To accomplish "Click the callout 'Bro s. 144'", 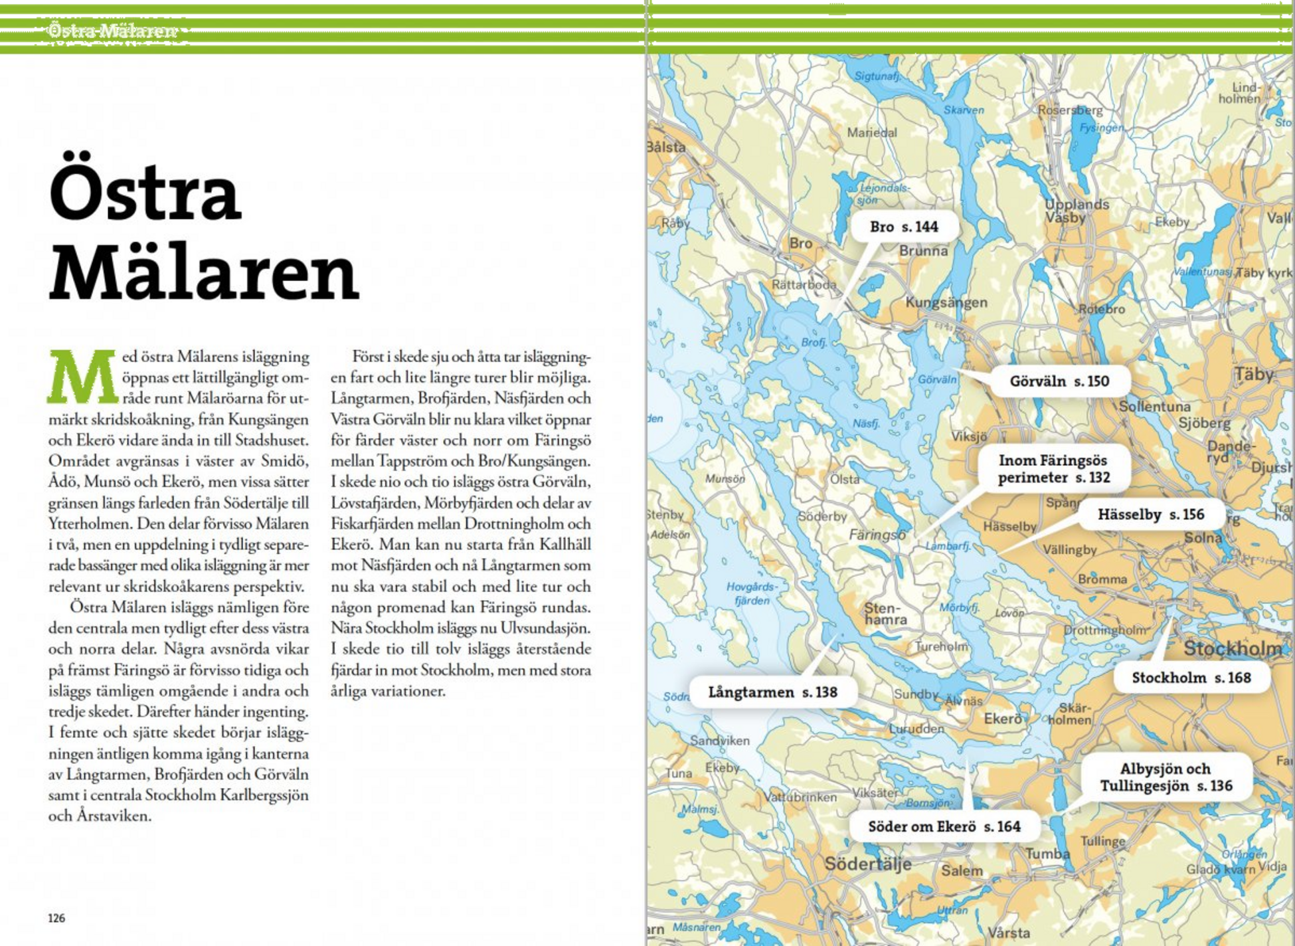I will click(x=904, y=227).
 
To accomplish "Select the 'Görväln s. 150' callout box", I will click(x=1059, y=381).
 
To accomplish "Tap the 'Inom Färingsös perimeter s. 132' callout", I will click(x=1054, y=468).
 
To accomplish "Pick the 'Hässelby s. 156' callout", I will click(x=1150, y=514).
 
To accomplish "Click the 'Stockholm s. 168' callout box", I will click(x=1191, y=678).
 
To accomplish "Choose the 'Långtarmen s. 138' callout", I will click(x=772, y=692).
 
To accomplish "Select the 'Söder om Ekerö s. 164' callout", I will click(x=944, y=826).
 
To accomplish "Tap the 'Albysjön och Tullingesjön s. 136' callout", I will click(x=1165, y=777).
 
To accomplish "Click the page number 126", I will click(x=56, y=918).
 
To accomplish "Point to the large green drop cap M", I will click(x=82, y=377).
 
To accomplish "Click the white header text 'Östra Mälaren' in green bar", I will click(x=112, y=31).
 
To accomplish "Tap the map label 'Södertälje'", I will click(x=867, y=864).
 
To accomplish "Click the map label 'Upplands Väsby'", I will click(x=1076, y=211).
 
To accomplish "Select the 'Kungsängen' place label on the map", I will click(x=946, y=302).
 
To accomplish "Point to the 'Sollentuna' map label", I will click(x=1154, y=407).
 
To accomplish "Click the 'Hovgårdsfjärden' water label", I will click(x=752, y=593).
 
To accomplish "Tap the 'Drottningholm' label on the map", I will click(x=1105, y=630).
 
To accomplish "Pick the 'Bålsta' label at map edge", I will click(x=666, y=147).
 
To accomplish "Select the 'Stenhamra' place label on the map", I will click(x=885, y=614).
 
